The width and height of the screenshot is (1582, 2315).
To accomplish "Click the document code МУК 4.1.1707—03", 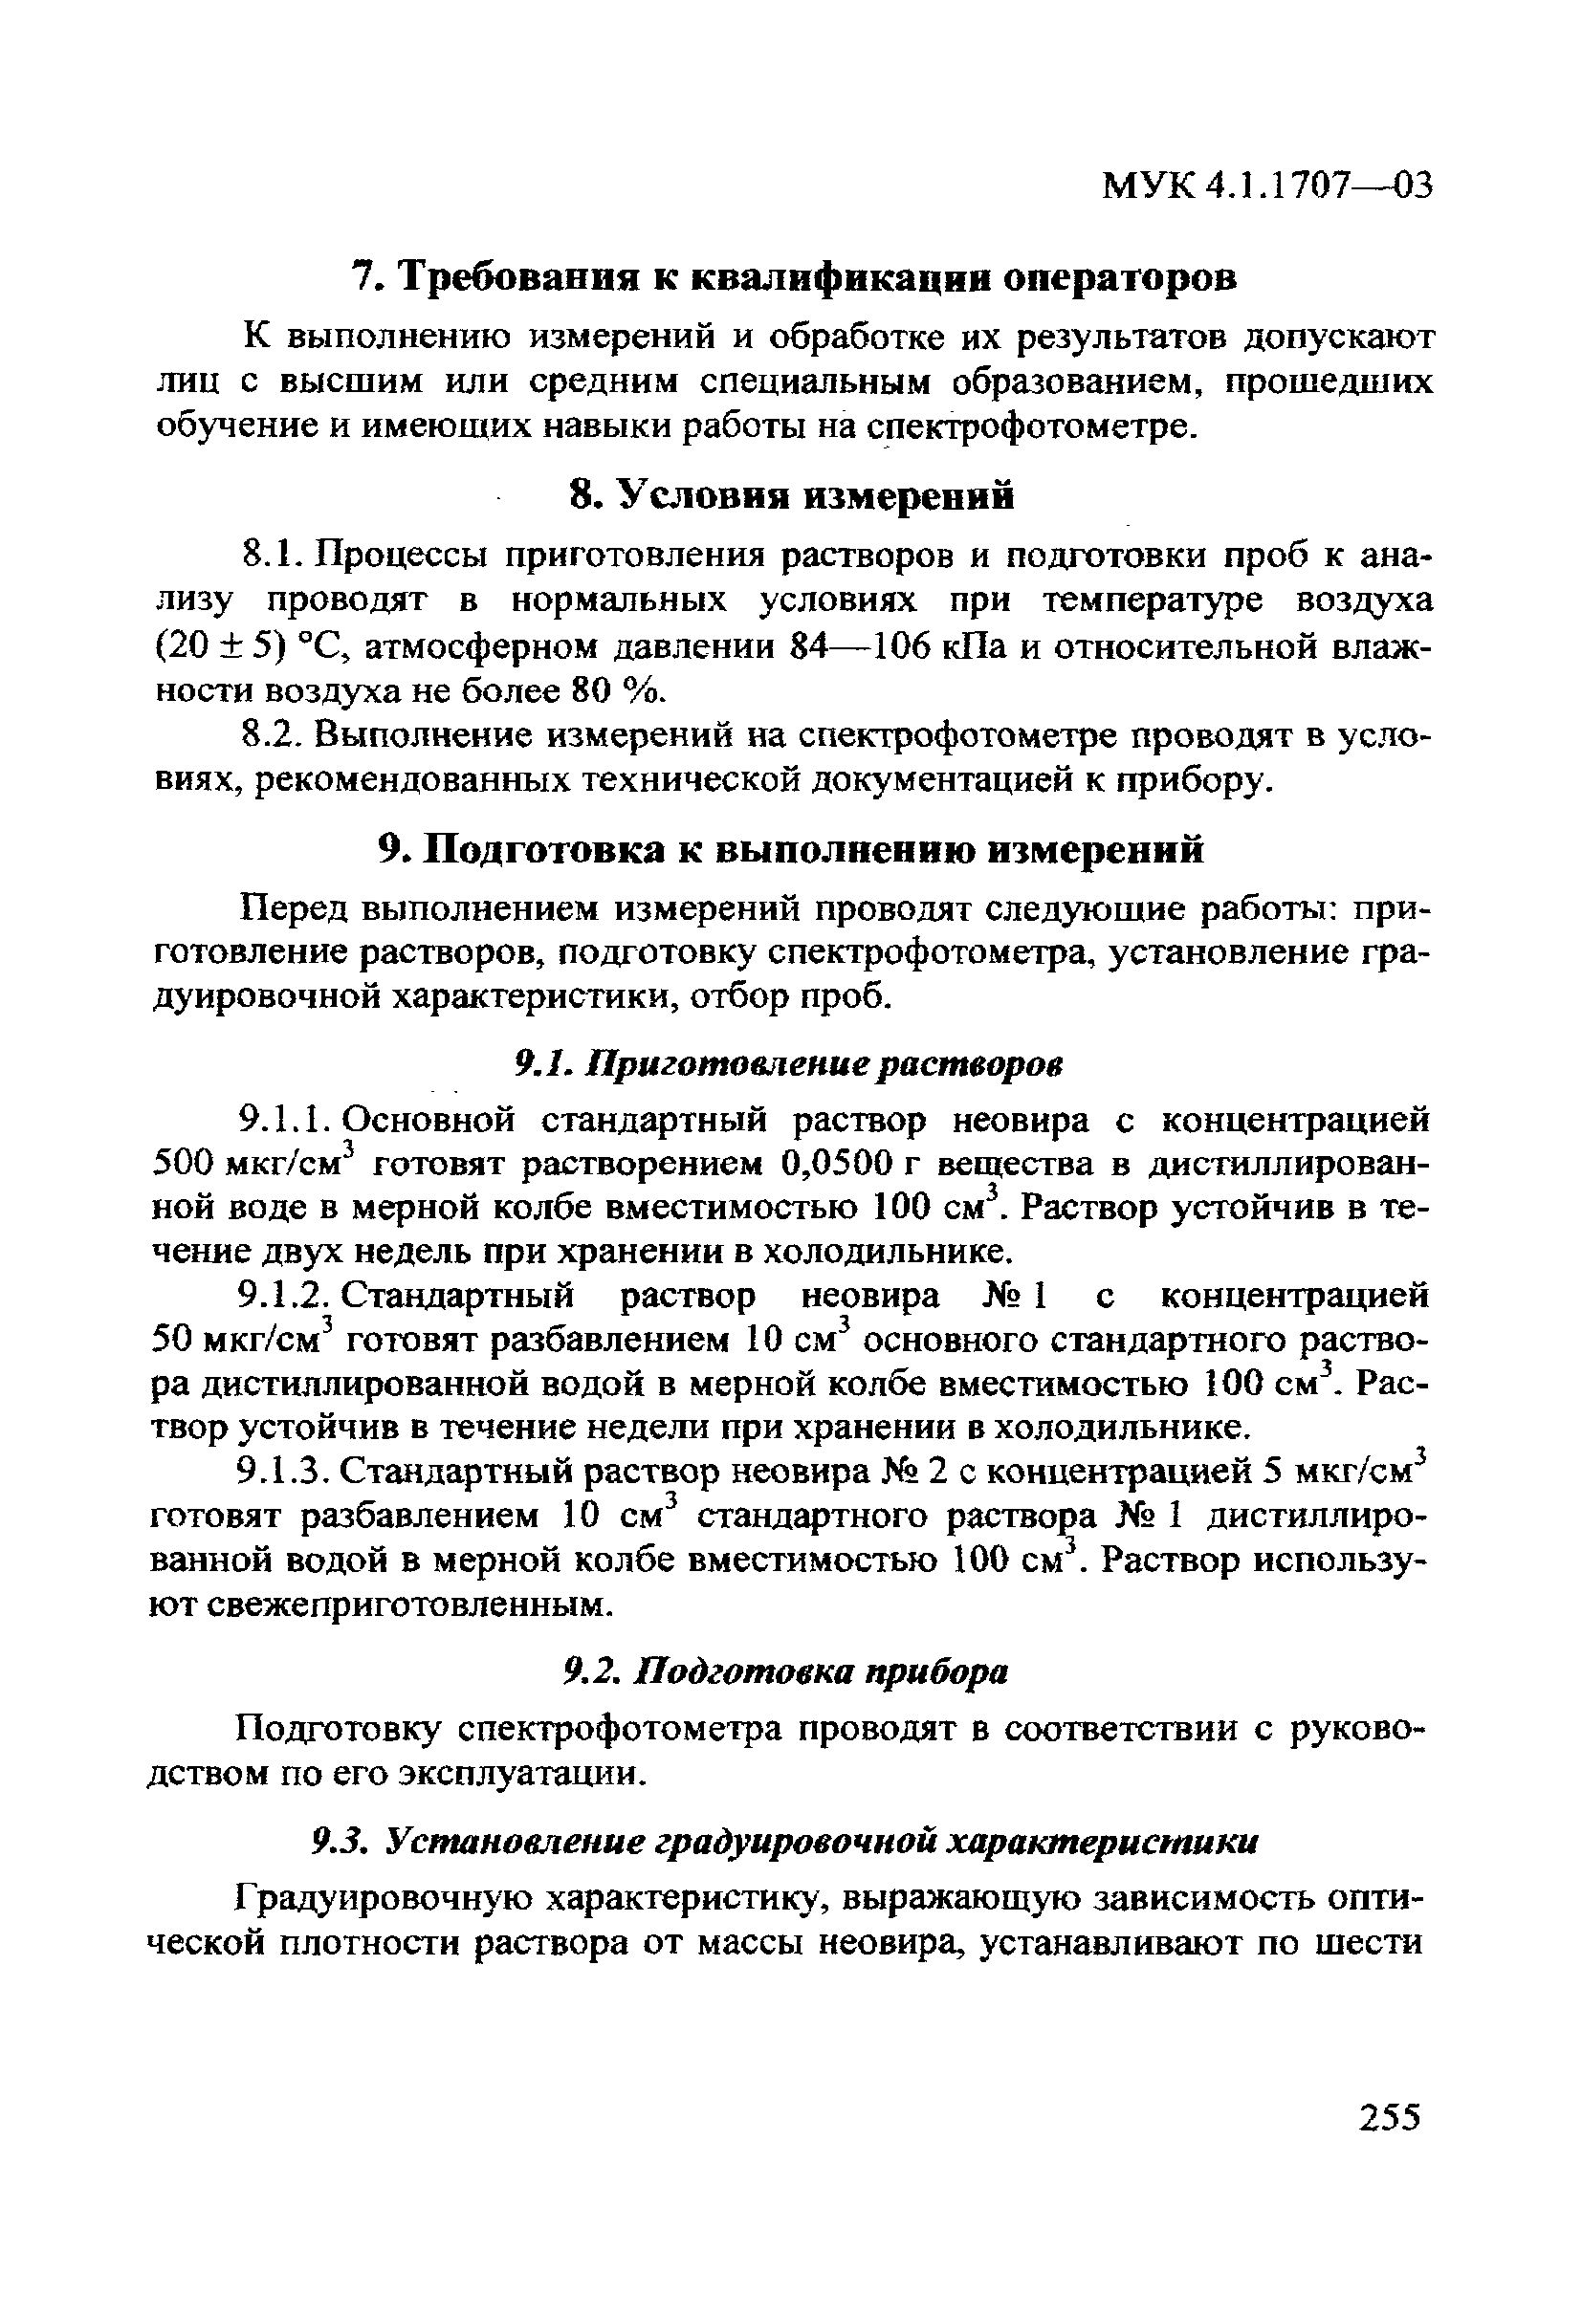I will (1266, 186).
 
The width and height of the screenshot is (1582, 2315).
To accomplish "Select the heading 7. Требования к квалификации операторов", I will (794, 277).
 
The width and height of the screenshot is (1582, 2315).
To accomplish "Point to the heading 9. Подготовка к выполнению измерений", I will (792, 850).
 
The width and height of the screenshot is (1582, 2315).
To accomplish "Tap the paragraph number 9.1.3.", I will (282, 1470).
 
